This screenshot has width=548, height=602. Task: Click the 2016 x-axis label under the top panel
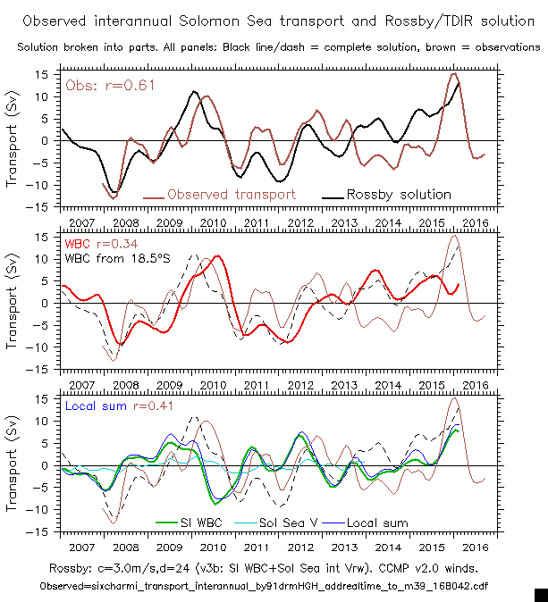click(x=476, y=221)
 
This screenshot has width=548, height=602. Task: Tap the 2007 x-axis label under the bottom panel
click(x=80, y=545)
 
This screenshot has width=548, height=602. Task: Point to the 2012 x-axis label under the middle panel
click(x=301, y=382)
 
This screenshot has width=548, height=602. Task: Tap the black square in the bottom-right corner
click(x=541, y=594)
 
